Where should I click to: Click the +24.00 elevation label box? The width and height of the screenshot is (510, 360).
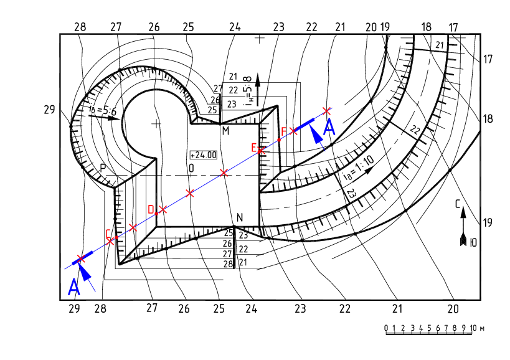204,155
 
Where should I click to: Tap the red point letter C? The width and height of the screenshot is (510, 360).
108,234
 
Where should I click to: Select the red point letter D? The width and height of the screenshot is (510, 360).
151,209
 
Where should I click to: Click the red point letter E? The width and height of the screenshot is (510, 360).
254,148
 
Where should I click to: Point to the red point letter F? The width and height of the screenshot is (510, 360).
283,131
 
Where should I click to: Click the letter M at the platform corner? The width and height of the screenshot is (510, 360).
225,131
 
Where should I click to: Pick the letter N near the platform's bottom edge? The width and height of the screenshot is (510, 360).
240,217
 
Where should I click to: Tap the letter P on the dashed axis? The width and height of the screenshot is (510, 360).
103,168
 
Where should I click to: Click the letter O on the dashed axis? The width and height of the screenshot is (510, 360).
191,168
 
